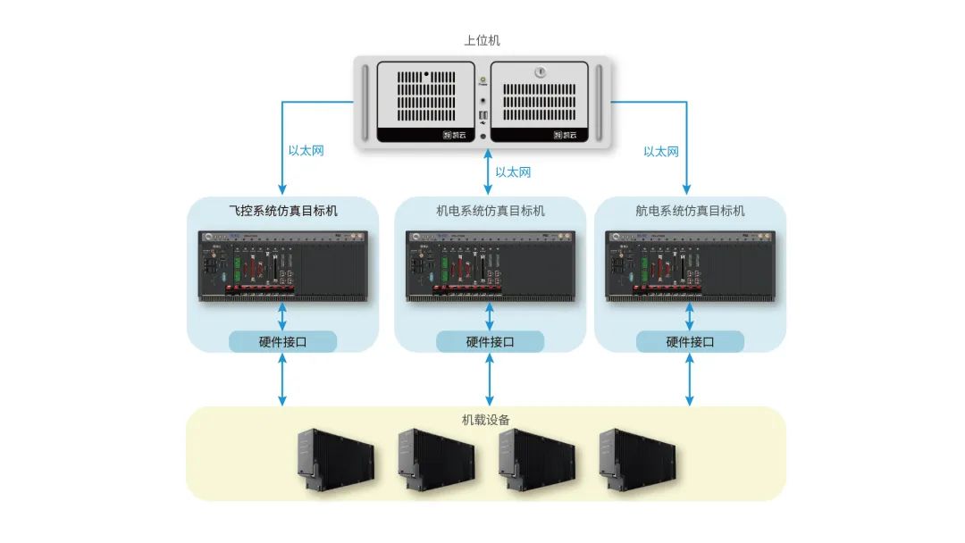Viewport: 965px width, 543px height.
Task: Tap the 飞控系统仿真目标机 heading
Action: [283, 211]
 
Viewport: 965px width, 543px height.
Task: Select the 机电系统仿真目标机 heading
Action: [490, 211]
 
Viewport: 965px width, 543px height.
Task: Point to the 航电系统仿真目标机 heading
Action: [690, 211]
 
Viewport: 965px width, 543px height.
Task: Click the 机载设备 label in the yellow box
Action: [486, 419]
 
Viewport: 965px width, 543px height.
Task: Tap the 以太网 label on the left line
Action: [306, 150]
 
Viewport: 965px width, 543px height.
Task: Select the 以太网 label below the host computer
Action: [513, 171]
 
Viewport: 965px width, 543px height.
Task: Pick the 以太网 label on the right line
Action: [661, 151]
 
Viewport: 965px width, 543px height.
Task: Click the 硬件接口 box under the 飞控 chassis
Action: [283, 341]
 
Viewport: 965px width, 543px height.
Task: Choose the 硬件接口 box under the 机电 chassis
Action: [490, 341]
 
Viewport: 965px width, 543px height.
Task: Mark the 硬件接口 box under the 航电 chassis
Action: [690, 341]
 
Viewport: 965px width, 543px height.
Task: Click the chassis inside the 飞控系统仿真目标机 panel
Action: [283, 265]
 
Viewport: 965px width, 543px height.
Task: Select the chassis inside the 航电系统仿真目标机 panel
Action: [690, 265]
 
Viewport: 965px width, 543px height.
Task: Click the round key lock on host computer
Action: [540, 72]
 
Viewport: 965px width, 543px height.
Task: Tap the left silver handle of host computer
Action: [365, 103]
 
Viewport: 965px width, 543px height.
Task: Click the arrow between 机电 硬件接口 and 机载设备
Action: [490, 380]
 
